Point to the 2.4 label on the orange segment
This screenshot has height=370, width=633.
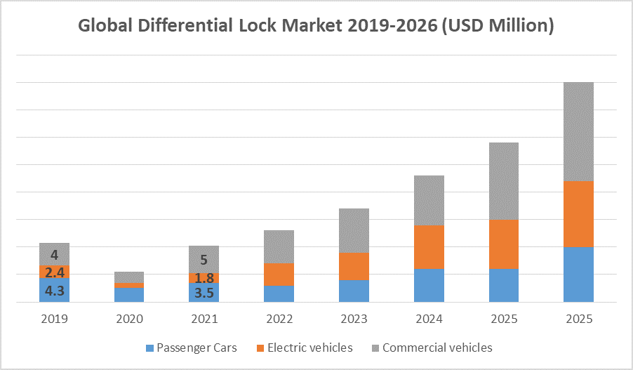(x=55, y=272)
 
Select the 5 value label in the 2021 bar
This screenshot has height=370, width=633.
(x=204, y=259)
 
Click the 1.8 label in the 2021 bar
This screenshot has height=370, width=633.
(x=204, y=278)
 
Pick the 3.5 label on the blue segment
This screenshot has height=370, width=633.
(x=204, y=293)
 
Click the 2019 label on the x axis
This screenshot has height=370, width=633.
(x=55, y=319)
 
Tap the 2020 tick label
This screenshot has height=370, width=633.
(x=129, y=319)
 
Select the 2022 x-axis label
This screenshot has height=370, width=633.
(x=279, y=319)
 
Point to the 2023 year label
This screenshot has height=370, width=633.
(x=354, y=319)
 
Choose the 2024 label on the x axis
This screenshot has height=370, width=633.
(x=429, y=319)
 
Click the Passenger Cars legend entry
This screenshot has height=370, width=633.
(x=191, y=348)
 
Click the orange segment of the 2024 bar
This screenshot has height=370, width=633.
(x=429, y=247)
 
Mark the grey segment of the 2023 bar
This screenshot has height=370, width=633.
(x=354, y=230)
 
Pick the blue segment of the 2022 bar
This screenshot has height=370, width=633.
(x=279, y=293)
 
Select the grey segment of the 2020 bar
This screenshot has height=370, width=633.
(x=129, y=277)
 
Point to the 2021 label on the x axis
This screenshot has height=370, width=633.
(x=204, y=319)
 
